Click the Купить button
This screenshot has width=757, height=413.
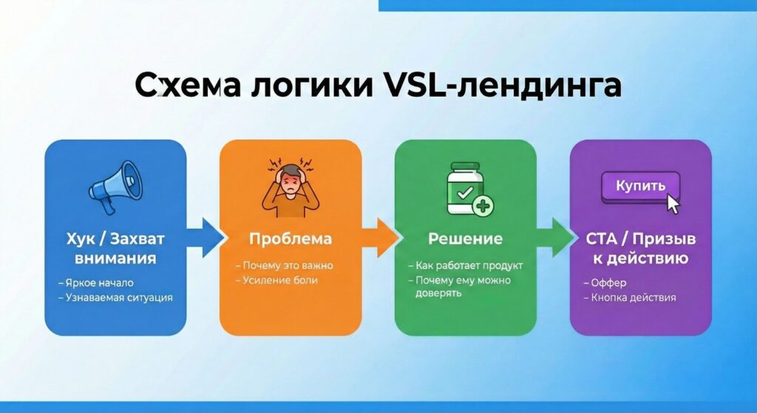click(x=640, y=186)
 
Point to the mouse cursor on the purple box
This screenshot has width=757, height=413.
click(x=673, y=204)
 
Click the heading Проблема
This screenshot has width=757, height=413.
click(x=291, y=239)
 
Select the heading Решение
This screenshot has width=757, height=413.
click(x=466, y=239)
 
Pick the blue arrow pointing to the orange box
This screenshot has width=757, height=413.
click(x=205, y=238)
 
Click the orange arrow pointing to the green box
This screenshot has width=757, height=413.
click(x=381, y=238)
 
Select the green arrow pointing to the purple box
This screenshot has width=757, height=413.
click(x=555, y=238)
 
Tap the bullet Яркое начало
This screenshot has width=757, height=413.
click(x=96, y=283)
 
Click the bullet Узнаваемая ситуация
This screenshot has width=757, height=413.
click(x=115, y=298)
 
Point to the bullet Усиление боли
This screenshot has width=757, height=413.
click(x=276, y=280)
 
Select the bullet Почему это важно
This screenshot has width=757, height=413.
click(x=285, y=265)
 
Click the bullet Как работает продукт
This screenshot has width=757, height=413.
click(x=466, y=265)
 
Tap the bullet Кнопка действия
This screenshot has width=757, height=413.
click(x=630, y=298)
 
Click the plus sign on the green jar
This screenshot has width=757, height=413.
click(x=483, y=206)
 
